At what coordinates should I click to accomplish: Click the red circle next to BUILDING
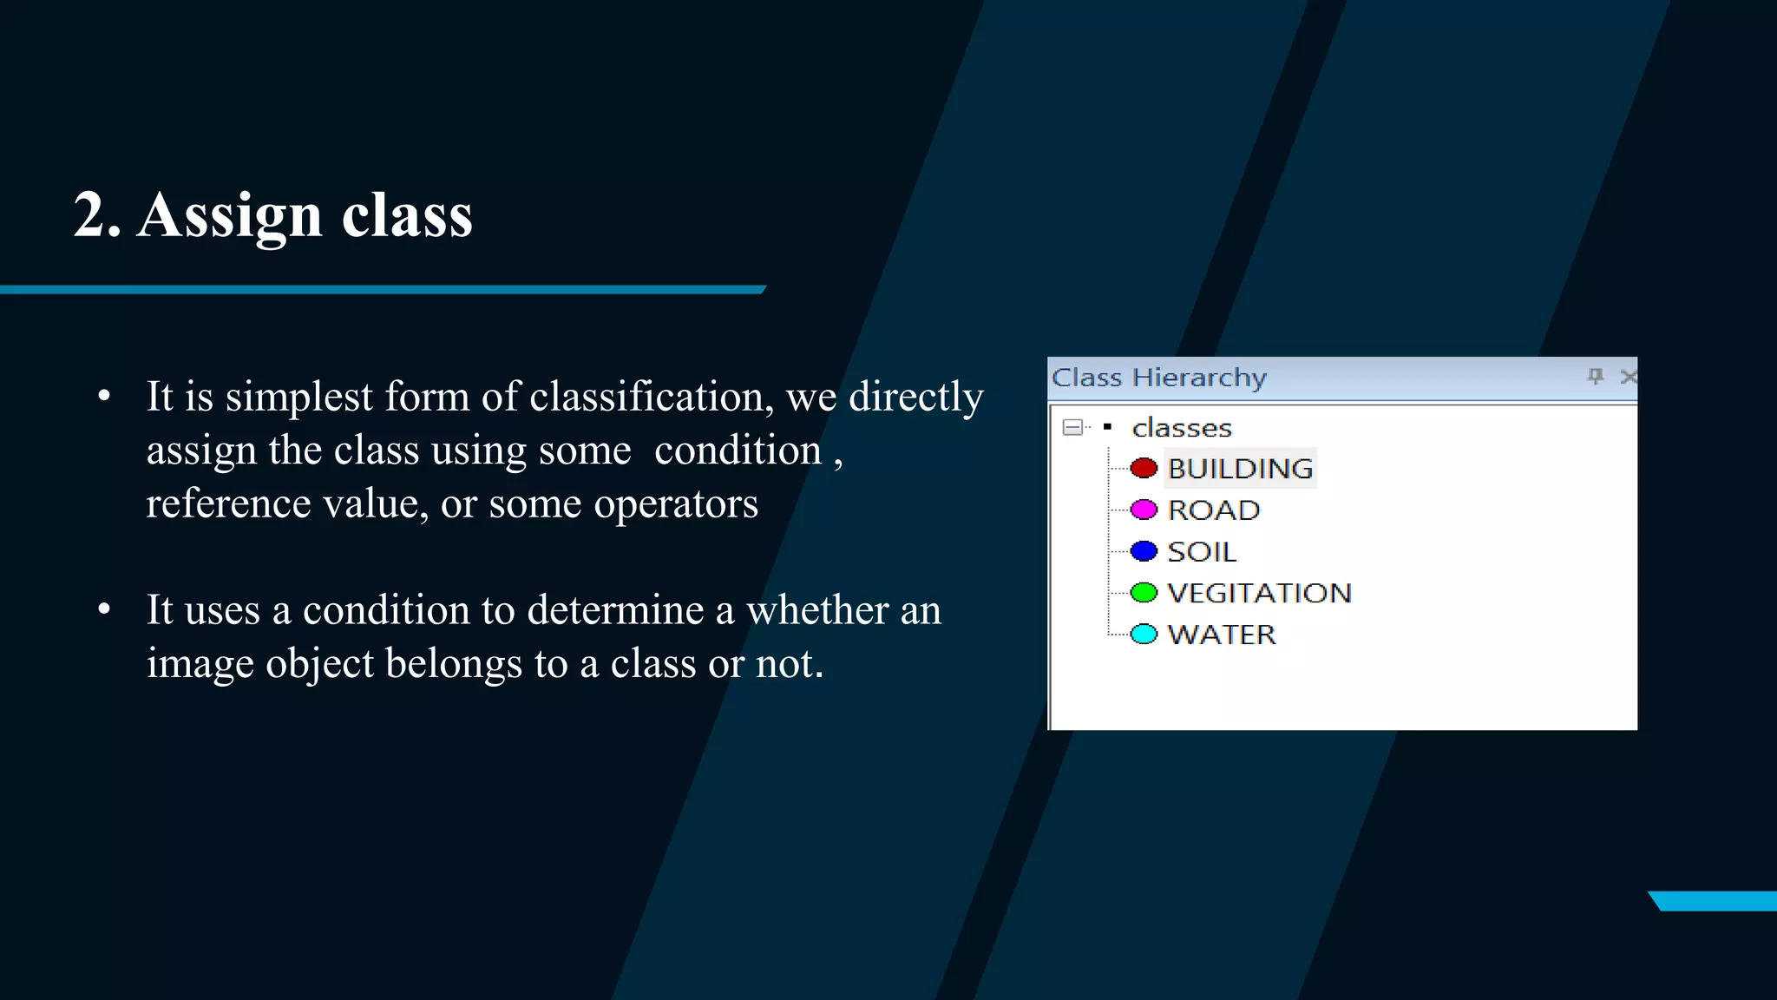click(x=1144, y=468)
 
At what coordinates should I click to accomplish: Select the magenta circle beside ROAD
click(x=1144, y=510)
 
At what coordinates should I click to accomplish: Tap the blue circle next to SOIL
click(x=1144, y=551)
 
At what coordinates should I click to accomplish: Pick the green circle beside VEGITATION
click(x=1144, y=593)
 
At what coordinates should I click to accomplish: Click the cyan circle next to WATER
click(x=1144, y=635)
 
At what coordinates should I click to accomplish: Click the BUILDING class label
click(x=1240, y=469)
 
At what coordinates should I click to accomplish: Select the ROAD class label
click(x=1213, y=510)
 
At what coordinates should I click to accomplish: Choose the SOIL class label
click(x=1202, y=552)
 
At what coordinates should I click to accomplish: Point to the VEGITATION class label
click(x=1259, y=594)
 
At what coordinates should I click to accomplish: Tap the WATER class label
click(x=1222, y=635)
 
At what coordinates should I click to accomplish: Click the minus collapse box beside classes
click(x=1072, y=427)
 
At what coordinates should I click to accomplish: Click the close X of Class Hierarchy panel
click(x=1628, y=377)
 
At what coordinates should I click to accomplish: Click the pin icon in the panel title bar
click(x=1595, y=376)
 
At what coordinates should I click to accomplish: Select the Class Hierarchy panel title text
click(x=1159, y=378)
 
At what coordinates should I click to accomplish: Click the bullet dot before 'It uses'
click(x=104, y=609)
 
